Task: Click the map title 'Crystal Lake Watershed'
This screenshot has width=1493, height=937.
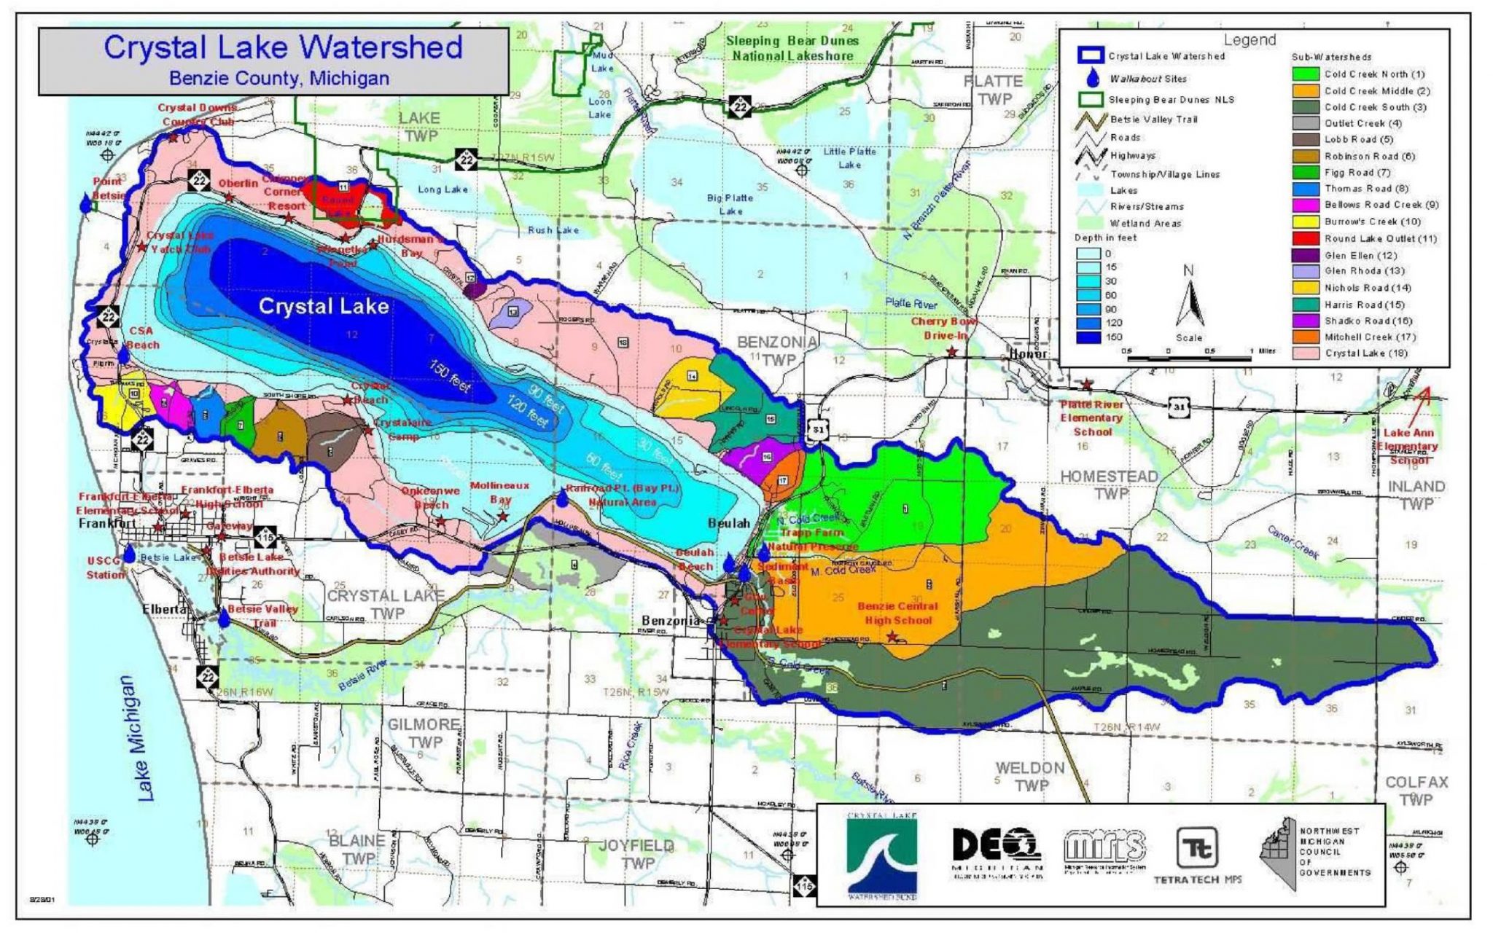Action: pos(283,47)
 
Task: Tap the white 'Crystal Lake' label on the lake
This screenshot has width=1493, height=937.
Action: pos(324,306)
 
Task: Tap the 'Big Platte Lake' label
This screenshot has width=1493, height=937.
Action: pos(730,204)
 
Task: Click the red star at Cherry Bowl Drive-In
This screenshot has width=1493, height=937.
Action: pos(951,352)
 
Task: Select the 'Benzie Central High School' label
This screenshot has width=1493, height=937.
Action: pos(897,613)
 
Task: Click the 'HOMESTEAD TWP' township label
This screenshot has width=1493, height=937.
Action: pos(1109,485)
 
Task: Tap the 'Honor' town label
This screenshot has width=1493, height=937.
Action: pos(1028,354)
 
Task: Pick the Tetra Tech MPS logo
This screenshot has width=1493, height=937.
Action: pos(1196,854)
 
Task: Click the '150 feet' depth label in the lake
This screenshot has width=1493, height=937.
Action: pos(450,376)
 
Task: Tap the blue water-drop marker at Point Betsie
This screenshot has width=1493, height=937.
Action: pos(87,203)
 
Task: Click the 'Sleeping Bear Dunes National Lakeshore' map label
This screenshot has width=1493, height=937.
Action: pos(792,48)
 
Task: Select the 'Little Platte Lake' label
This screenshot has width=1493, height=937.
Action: pos(849,157)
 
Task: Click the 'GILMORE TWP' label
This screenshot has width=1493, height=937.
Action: pos(424,733)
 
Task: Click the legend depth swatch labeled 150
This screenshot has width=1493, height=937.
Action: pos(1090,337)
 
